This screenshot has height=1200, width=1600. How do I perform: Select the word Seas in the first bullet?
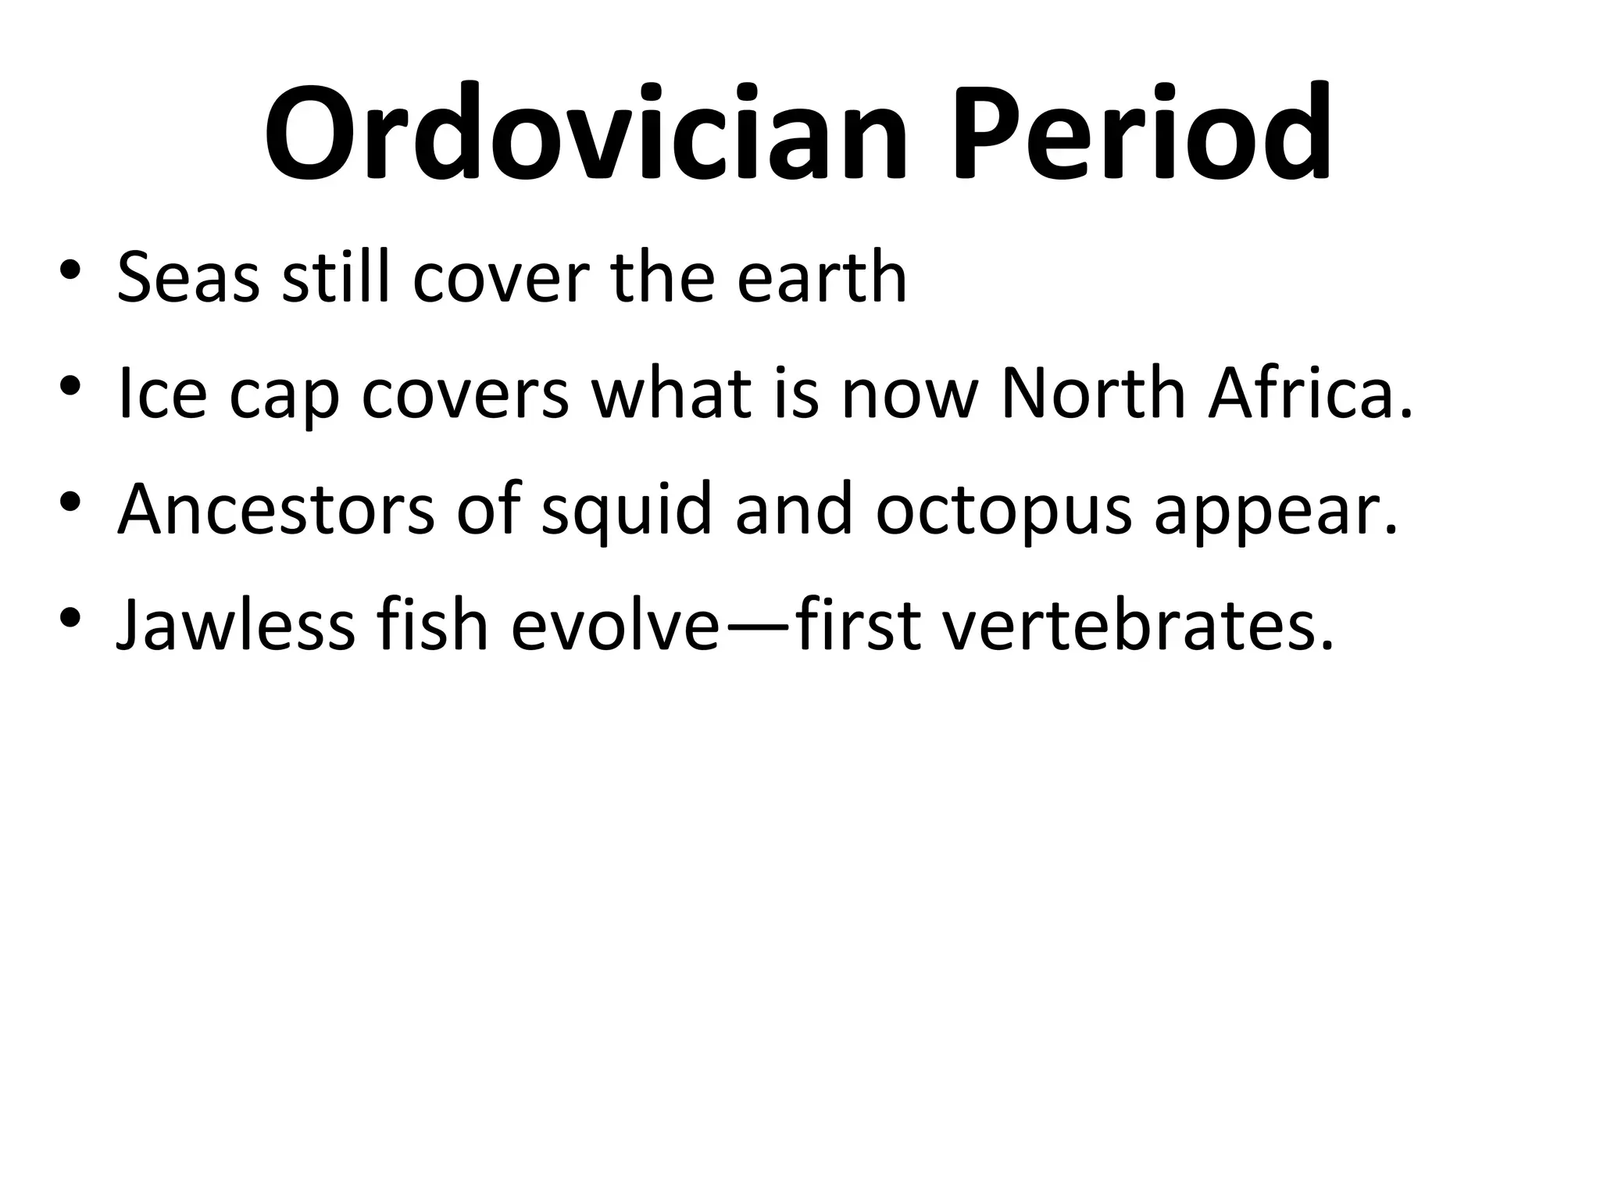(187, 277)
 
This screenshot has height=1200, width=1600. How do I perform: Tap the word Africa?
(1309, 394)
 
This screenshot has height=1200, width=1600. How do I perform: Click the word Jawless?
(235, 625)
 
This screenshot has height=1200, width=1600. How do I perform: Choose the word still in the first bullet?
(336, 277)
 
